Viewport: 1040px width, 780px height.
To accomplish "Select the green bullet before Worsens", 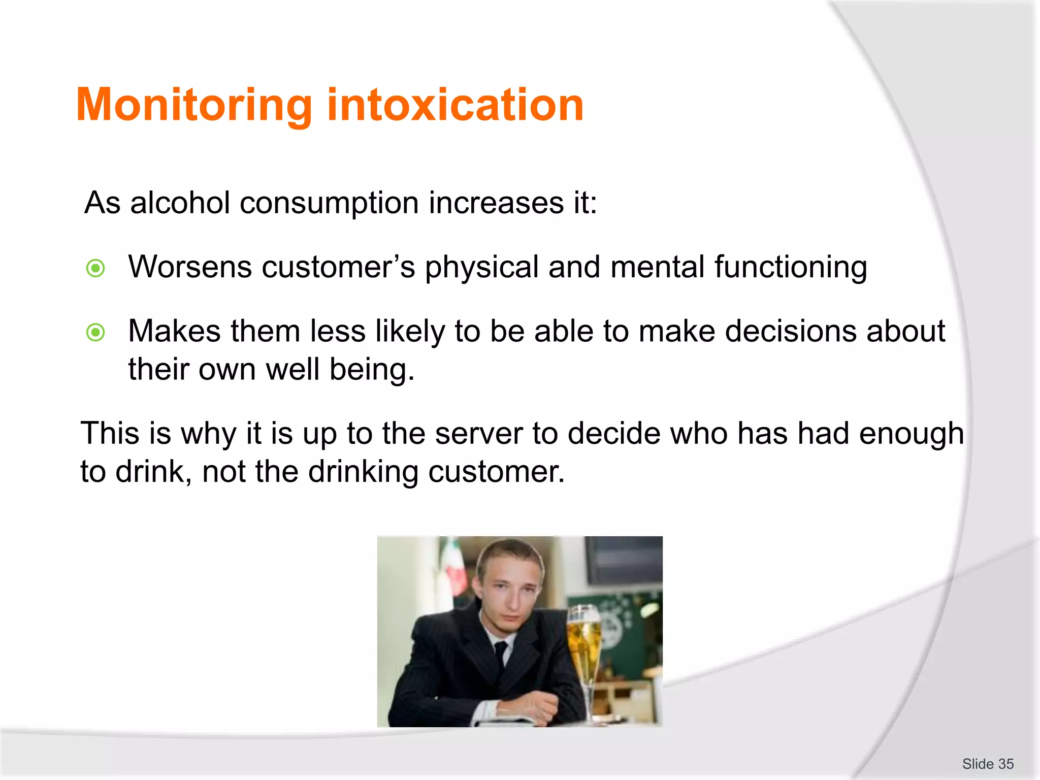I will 95,268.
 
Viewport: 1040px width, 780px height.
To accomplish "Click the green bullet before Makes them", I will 95,333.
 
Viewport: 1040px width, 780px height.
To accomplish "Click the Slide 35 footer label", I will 987,764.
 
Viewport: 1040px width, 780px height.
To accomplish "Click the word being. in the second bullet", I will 372,369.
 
